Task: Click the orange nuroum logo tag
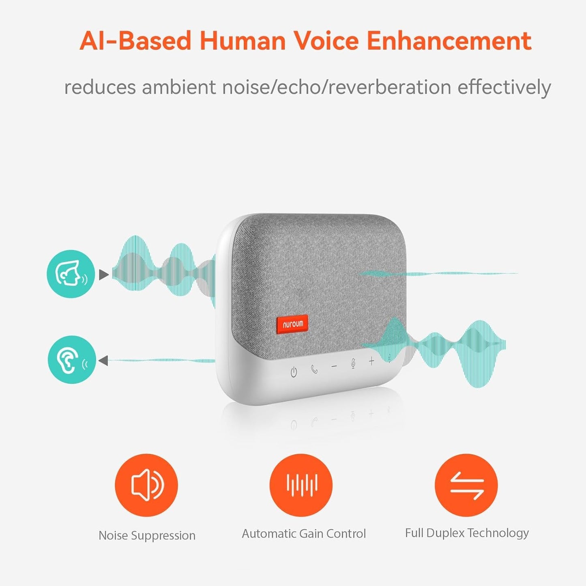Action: point(292,324)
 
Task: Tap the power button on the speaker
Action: point(294,371)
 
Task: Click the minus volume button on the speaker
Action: point(334,366)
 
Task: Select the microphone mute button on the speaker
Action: point(353,363)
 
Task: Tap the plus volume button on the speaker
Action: point(371,361)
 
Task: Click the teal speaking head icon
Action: point(71,274)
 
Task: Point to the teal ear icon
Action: point(72,360)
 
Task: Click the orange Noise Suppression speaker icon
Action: point(146,485)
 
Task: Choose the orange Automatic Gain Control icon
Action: point(301,485)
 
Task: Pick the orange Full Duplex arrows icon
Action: point(466,485)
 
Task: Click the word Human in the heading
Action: point(243,41)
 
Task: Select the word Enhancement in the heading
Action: point(449,41)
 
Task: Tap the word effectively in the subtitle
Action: point(504,88)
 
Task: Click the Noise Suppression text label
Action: point(147,536)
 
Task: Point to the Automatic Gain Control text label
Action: point(304,534)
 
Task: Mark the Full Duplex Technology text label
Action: point(467,533)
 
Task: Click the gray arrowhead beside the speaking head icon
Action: point(104,275)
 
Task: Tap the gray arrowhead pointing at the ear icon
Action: point(103,360)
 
